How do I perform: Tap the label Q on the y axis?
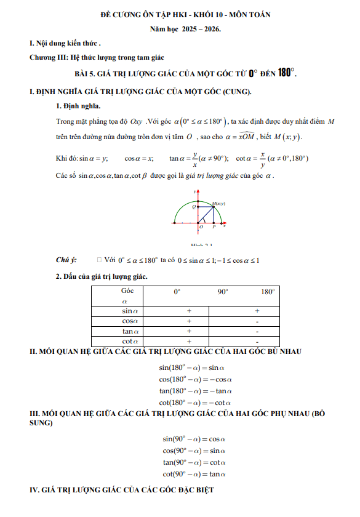coord(194,207)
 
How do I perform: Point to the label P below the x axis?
coord(213,226)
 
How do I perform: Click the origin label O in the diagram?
coord(201,226)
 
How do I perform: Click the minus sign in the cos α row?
coord(257,321)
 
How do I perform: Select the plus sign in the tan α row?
coord(188,331)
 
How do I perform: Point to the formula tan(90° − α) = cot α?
coord(195,462)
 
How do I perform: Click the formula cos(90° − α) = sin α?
coord(195,451)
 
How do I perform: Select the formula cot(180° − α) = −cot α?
coord(195,402)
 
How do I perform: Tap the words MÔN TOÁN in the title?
coord(246,14)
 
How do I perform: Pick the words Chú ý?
coord(66,260)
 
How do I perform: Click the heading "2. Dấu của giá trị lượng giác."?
coord(102,277)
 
